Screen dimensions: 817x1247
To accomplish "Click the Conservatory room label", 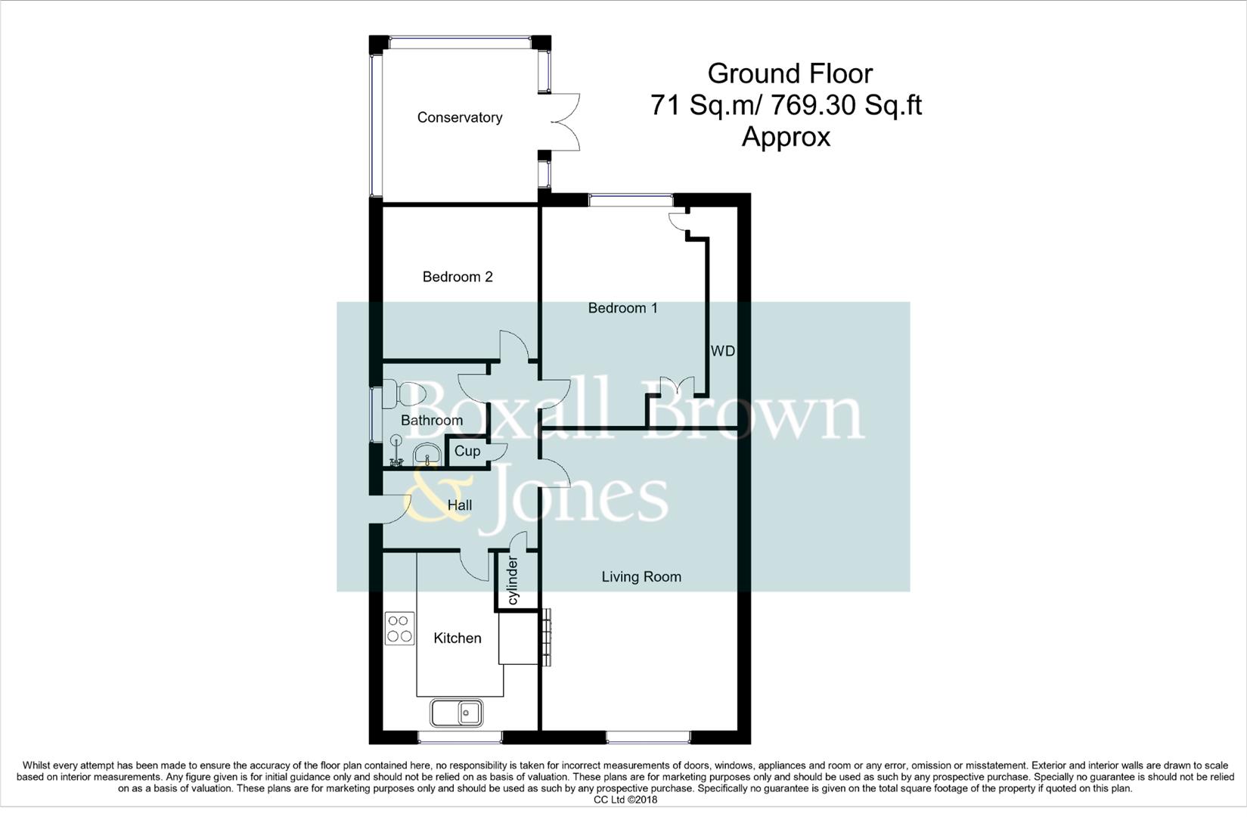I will pyautogui.click(x=459, y=117).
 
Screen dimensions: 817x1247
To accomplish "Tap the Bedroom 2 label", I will pyautogui.click(x=457, y=277).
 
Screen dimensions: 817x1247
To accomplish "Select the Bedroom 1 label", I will pyautogui.click(x=622, y=308).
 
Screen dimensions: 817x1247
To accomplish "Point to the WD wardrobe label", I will pyautogui.click(x=722, y=351).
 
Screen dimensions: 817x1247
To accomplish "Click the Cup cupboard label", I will pyautogui.click(x=467, y=451).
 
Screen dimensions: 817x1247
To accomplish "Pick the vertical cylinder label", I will pyautogui.click(x=513, y=580).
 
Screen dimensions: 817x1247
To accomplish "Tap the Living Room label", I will pyautogui.click(x=641, y=576).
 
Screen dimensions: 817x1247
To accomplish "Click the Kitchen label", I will pyautogui.click(x=457, y=638).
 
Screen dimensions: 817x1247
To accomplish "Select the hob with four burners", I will pyautogui.click(x=399, y=629).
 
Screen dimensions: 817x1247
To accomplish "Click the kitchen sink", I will pyautogui.click(x=457, y=713).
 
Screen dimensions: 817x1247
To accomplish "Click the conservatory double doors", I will pyautogui.click(x=563, y=122).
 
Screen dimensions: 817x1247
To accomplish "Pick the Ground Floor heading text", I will pyautogui.click(x=789, y=73).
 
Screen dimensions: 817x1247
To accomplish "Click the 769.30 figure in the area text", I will pyautogui.click(x=814, y=105).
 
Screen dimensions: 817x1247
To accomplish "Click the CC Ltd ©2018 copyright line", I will pyautogui.click(x=625, y=800).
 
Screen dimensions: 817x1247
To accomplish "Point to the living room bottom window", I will pyautogui.click(x=647, y=735).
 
